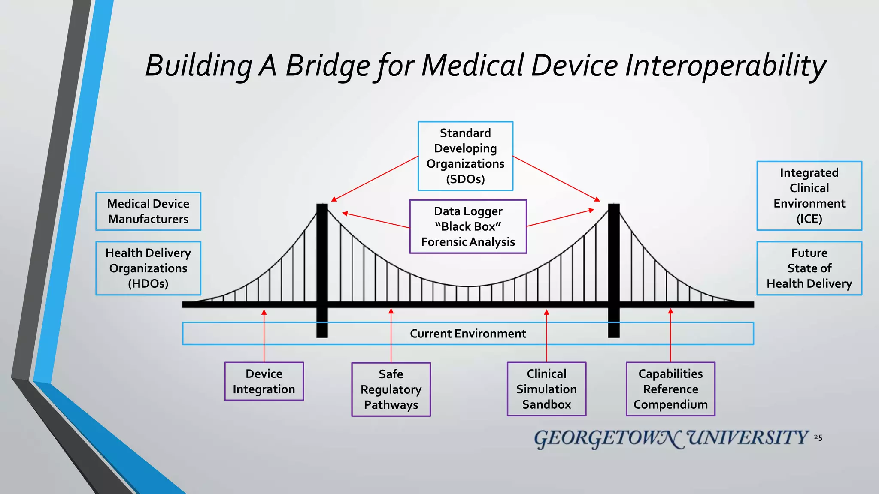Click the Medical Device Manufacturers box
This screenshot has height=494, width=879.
click(148, 211)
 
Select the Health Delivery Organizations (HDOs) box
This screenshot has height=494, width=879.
click(148, 268)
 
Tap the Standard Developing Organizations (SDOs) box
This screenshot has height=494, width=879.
click(465, 156)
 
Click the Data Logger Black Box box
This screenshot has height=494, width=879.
click(468, 226)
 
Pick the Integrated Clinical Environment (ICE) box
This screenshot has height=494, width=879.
click(809, 196)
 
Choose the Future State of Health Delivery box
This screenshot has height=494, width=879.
click(809, 268)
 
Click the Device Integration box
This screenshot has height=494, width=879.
click(264, 381)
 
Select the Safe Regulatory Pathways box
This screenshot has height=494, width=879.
click(391, 389)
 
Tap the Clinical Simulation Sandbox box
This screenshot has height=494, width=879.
click(546, 389)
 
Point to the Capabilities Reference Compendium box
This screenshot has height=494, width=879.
click(670, 389)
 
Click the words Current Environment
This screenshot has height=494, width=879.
click(468, 334)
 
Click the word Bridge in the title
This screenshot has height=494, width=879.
click(327, 66)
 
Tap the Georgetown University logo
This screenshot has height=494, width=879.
click(670, 438)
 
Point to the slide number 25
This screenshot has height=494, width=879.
click(818, 438)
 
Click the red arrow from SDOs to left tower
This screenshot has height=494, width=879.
click(375, 178)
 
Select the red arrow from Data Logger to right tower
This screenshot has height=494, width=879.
click(560, 218)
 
